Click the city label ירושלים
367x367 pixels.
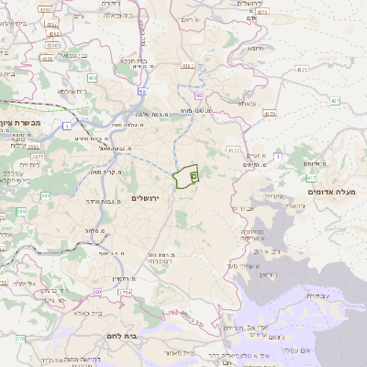(x=146, y=198)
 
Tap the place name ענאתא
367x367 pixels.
(x=246, y=104)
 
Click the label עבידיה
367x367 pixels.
(x=319, y=295)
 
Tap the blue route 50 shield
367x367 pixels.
(x=143, y=93)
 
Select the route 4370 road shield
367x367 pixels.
(x=269, y=114)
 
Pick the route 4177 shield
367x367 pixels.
(x=235, y=149)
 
